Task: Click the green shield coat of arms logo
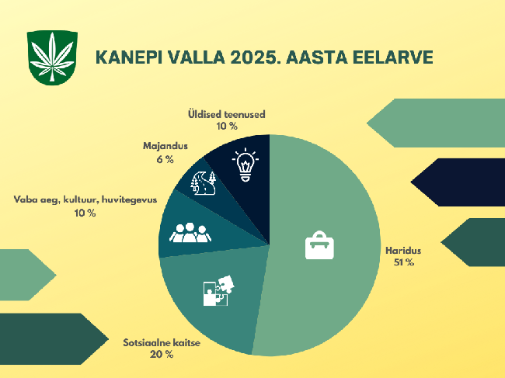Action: pos(52,58)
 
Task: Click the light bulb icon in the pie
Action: pos(246,165)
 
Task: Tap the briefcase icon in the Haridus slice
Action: pos(319,245)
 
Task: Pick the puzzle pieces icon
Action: pos(218,290)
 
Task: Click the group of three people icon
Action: pos(190,232)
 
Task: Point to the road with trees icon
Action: pos(204,183)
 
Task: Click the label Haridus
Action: pos(403,250)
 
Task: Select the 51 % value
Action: pos(403,262)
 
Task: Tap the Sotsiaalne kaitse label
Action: pos(162,342)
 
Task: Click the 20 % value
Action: pos(162,355)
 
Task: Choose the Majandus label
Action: pos(165,146)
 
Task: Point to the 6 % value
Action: pos(165,159)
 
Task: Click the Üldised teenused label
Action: pos(227,114)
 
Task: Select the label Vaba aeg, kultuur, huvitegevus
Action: pos(85,199)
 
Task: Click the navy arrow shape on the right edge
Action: pos(458,182)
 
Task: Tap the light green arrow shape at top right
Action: pos(436,123)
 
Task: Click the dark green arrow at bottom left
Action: pos(54,338)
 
